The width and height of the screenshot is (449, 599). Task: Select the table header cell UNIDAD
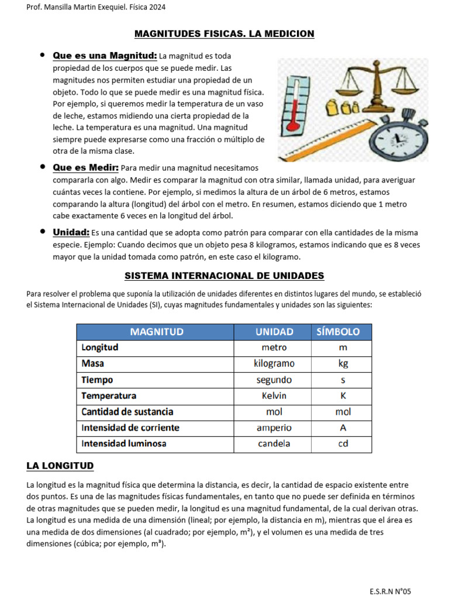click(274, 332)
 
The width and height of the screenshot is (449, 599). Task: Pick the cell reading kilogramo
click(274, 363)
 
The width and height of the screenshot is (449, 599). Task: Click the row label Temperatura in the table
click(109, 395)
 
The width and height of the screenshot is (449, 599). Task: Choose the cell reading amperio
click(274, 428)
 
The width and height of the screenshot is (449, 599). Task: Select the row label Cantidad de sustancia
click(127, 411)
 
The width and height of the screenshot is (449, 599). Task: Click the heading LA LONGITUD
click(60, 466)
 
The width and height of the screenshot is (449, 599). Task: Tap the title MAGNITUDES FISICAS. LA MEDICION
click(224, 34)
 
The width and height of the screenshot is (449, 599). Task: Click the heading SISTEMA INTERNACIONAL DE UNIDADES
click(224, 276)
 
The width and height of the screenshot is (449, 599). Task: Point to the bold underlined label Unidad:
click(71, 232)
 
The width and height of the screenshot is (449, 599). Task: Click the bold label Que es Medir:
click(85, 167)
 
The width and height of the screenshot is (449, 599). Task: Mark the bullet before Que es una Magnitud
click(42, 55)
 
